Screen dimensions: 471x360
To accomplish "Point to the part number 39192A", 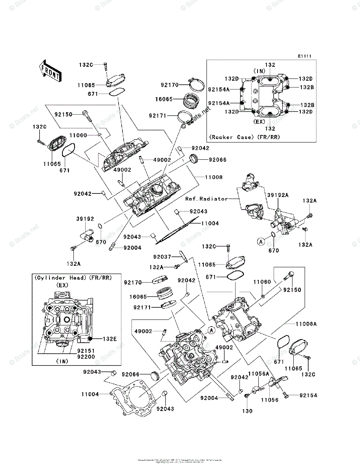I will tap(278, 194).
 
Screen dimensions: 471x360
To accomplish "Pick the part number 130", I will tap(247, 411).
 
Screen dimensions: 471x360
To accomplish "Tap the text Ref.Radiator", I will tap(207, 199).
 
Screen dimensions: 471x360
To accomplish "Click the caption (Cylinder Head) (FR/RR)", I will tap(73, 277).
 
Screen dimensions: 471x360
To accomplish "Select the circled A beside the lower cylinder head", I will tap(211, 330).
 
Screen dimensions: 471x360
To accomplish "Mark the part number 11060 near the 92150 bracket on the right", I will tap(262, 282).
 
